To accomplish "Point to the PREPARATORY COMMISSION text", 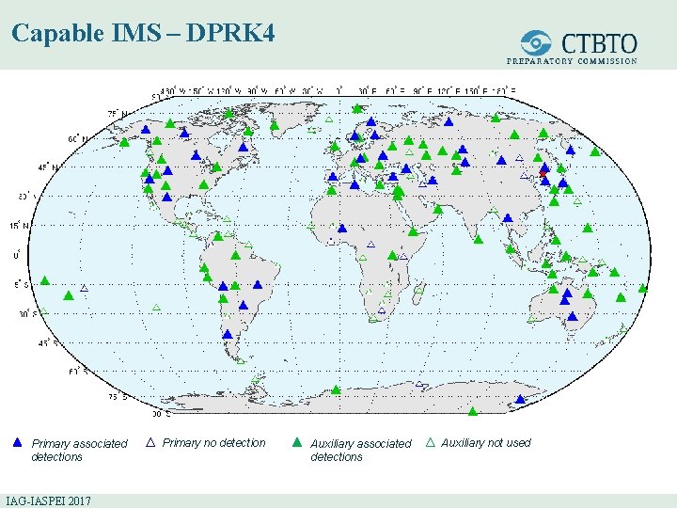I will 572,61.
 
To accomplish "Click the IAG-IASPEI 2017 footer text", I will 48,500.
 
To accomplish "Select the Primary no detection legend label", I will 213,442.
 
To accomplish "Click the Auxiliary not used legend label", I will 485,442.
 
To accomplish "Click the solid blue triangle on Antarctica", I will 520,399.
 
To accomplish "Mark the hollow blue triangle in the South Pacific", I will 84,287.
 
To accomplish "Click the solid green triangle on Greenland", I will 274,123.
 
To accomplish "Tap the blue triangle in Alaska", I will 146,129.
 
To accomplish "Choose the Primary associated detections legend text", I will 79,450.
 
